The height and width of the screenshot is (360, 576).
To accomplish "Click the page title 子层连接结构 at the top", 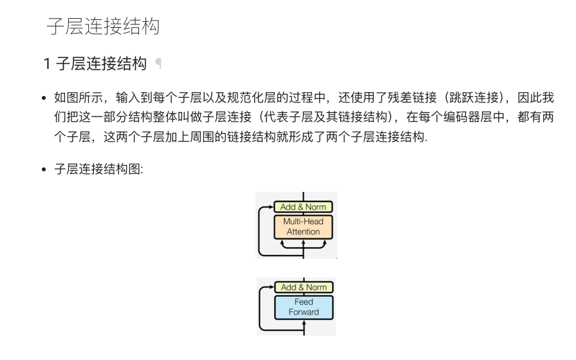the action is (103, 26).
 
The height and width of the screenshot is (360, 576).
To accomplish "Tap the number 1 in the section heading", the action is (47, 64).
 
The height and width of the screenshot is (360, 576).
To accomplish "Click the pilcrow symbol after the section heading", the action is (158, 64).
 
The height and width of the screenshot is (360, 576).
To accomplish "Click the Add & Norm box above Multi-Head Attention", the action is (304, 207).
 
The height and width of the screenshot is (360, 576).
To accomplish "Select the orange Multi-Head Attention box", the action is (304, 227).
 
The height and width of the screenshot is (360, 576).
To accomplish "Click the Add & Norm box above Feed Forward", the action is (304, 287).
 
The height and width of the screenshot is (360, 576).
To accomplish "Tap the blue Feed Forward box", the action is (304, 307).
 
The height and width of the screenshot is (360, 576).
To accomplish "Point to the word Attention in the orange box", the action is (304, 232).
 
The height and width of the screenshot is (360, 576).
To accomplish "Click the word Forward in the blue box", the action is (304, 312).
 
